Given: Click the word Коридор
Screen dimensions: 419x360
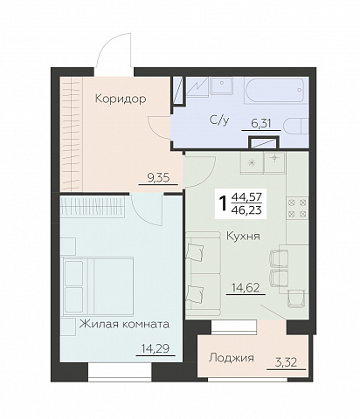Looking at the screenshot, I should click(x=121, y=99).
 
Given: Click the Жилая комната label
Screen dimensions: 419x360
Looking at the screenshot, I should click(x=123, y=324).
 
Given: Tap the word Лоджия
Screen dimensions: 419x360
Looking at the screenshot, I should click(x=232, y=358).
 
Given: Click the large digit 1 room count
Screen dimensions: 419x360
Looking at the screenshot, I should click(x=223, y=203).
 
